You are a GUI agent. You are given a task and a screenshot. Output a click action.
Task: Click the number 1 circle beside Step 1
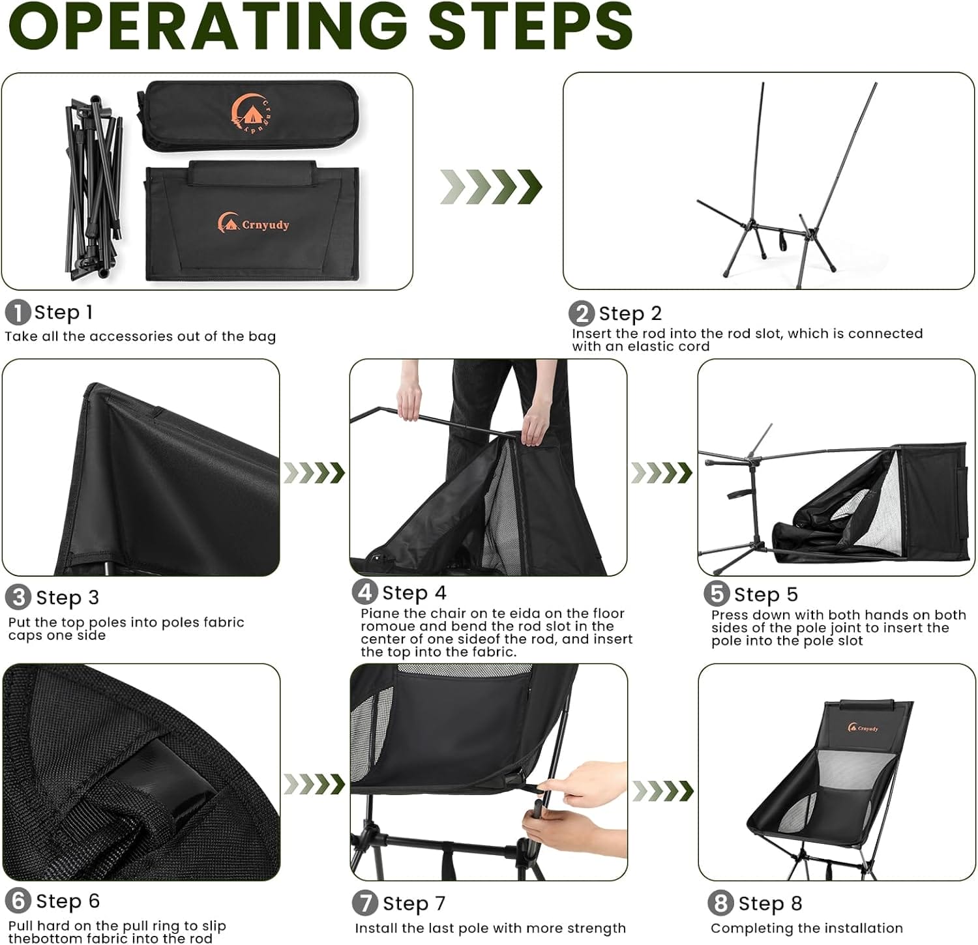click(x=18, y=312)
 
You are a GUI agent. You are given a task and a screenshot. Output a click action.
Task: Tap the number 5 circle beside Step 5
click(x=717, y=594)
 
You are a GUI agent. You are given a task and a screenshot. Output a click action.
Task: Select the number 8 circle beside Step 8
click(x=720, y=903)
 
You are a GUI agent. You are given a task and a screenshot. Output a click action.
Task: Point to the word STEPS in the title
click(x=530, y=26)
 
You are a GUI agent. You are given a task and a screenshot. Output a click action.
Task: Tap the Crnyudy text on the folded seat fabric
click(x=265, y=225)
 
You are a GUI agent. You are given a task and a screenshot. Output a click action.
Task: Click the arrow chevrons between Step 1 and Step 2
click(x=490, y=187)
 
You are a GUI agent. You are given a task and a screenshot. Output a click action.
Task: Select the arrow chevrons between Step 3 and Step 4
click(x=314, y=472)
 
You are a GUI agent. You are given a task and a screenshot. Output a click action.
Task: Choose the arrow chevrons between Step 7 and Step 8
click(x=662, y=791)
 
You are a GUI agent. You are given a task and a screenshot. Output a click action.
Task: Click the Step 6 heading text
click(x=67, y=901)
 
